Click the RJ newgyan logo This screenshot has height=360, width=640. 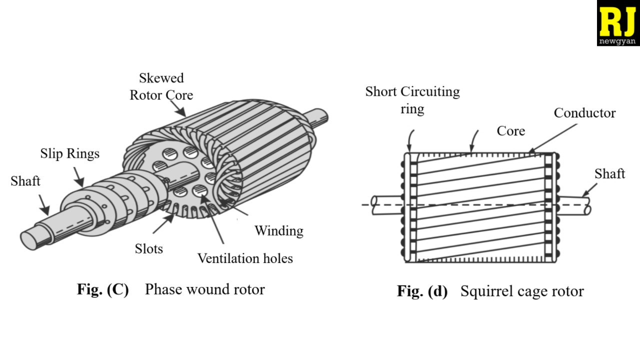[x=618, y=23]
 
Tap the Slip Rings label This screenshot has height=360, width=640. [x=69, y=154]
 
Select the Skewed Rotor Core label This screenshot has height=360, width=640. [x=161, y=86]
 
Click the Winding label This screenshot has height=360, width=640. [x=279, y=231]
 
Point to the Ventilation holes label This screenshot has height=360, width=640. [x=245, y=258]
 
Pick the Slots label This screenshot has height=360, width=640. [x=149, y=248]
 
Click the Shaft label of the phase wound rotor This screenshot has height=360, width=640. [x=25, y=181]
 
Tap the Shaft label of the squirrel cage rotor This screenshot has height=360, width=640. [x=609, y=173]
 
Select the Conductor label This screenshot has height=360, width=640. [x=584, y=113]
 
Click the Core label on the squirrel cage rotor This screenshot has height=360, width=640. [x=511, y=131]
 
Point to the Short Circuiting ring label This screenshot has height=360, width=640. [x=412, y=100]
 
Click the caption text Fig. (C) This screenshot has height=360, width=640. [x=103, y=289]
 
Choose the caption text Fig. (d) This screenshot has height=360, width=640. [x=422, y=291]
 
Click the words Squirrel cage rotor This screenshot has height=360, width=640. [x=522, y=291]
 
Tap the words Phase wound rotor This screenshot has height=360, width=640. [x=205, y=289]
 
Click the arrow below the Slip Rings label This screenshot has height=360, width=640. [x=79, y=177]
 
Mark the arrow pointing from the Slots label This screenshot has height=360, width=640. [x=163, y=223]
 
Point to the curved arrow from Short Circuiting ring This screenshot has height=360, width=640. [x=410, y=140]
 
